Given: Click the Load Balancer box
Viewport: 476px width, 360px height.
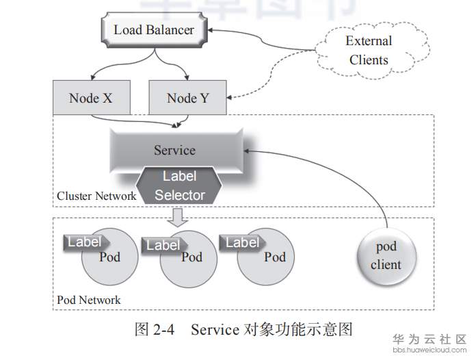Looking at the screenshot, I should pos(153,30).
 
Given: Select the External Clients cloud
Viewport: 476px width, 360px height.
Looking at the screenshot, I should pos(369,51).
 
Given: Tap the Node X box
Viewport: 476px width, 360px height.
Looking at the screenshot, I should pos(90,98).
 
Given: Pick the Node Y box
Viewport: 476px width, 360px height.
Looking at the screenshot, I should pos(188,98).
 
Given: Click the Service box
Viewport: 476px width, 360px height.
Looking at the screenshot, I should pos(174,150).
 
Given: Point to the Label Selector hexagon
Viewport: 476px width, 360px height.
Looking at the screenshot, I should pos(179,186).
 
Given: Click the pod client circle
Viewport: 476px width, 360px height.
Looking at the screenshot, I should pos(386,255).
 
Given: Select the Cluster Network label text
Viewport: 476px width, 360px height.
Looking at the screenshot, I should pos(96,196).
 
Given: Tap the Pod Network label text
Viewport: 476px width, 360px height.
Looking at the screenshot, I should pos(89,300).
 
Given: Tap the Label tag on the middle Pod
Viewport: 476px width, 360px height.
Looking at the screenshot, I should pos(163,244).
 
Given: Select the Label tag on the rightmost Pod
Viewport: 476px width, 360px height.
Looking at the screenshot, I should pos(241,242).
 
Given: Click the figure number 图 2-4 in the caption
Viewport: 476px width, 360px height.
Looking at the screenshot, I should pos(155,330).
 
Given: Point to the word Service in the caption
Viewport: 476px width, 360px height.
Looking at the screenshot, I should pos(214,330).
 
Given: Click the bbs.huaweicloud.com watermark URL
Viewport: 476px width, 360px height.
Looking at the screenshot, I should pos(429,350).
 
